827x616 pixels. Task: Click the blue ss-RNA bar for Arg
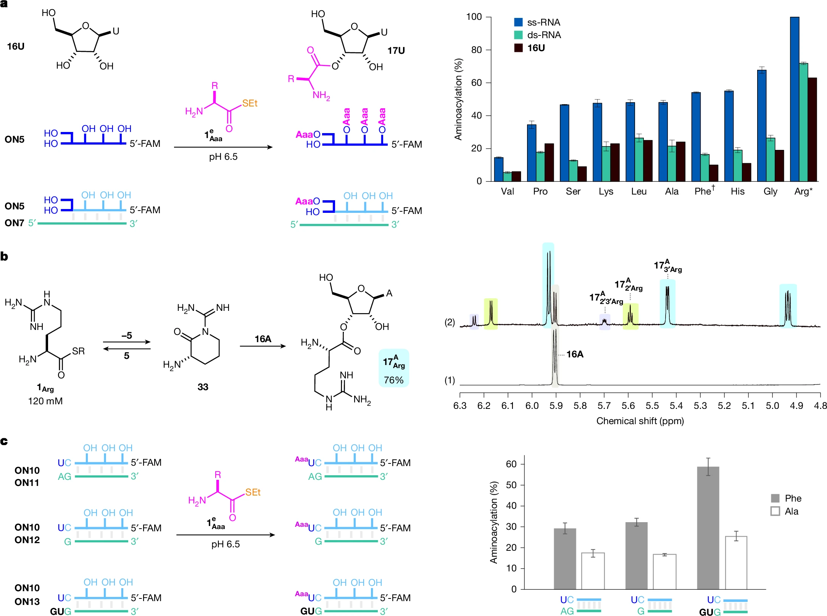pyautogui.click(x=794, y=99)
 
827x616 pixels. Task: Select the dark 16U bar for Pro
pyautogui.click(x=549, y=162)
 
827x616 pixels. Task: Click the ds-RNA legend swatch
pyautogui.click(x=518, y=35)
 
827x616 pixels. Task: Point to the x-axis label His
pyautogui.click(x=737, y=191)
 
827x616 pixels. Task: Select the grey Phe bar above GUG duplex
pyautogui.click(x=708, y=528)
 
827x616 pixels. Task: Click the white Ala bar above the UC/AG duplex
pyautogui.click(x=593, y=571)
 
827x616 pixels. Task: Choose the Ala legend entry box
pyautogui.click(x=775, y=511)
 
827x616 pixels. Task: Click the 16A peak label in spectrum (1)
pyautogui.click(x=575, y=354)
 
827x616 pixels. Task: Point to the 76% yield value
pyautogui.click(x=393, y=380)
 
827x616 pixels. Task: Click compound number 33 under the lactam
pyautogui.click(x=203, y=387)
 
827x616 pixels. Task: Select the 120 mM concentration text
pyautogui.click(x=45, y=401)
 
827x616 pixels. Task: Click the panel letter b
pyautogui.click(x=4, y=256)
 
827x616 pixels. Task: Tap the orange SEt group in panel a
pyautogui.click(x=250, y=103)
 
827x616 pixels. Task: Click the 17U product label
pyautogui.click(x=396, y=50)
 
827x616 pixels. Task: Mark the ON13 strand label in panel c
pyautogui.click(x=27, y=602)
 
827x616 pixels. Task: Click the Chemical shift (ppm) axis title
pyautogui.click(x=640, y=421)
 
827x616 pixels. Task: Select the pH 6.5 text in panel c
pyautogui.click(x=225, y=544)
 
